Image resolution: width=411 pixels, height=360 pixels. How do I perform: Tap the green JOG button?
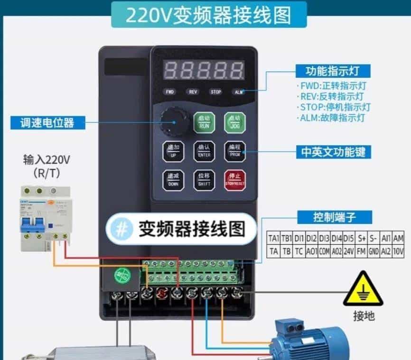(234, 122)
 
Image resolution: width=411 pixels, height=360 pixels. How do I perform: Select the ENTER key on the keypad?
(205, 151)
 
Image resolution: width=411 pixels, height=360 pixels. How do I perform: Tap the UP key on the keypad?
(173, 151)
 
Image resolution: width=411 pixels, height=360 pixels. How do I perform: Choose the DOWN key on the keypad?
(173, 180)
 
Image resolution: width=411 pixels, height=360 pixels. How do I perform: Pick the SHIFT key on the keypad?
(205, 180)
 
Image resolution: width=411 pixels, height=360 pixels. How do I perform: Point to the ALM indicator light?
(238, 92)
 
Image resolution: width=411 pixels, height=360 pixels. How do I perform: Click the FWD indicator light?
(170, 92)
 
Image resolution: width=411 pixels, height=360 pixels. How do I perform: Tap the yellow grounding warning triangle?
(364, 288)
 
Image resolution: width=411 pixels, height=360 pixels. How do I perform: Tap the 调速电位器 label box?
(49, 123)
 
